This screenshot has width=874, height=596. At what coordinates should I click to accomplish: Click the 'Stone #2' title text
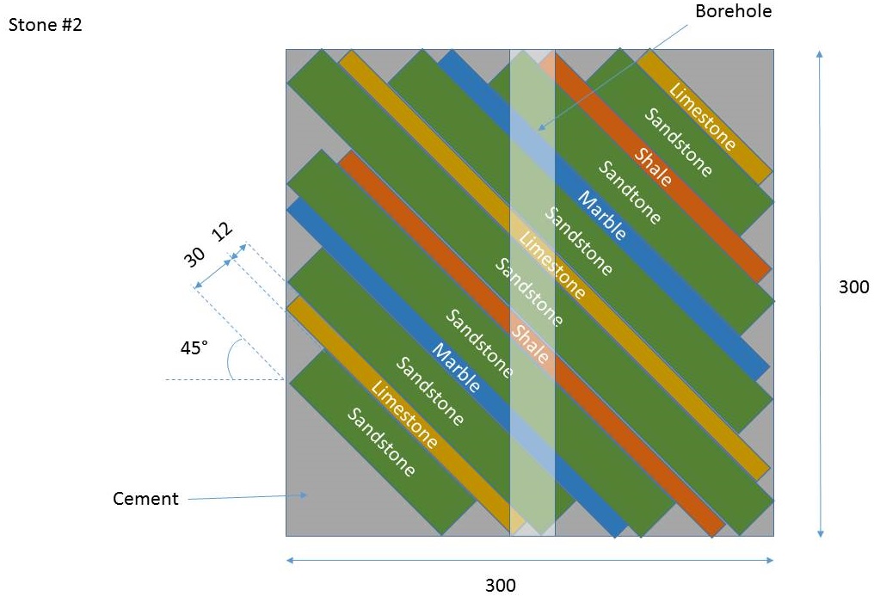click(45, 25)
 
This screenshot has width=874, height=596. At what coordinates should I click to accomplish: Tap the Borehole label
click(733, 11)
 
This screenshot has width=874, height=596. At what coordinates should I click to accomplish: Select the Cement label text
click(145, 499)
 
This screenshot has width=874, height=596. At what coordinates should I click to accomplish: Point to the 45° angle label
click(194, 348)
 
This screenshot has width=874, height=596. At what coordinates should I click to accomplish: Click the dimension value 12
click(224, 230)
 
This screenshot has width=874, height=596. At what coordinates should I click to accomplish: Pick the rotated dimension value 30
click(194, 257)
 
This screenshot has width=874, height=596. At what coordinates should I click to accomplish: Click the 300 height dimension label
click(853, 287)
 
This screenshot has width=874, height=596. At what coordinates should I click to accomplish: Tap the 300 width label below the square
click(501, 585)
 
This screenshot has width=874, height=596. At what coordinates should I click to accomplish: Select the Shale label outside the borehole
click(653, 167)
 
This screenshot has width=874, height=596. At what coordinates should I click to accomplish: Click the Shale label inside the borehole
click(531, 343)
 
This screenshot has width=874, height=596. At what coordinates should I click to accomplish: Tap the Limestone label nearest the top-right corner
click(702, 116)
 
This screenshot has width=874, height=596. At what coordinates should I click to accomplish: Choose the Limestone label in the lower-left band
click(404, 415)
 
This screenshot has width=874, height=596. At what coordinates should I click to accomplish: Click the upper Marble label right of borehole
click(601, 216)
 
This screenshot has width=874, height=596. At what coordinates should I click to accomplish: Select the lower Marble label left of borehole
click(456, 367)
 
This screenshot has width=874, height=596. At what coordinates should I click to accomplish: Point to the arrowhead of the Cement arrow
click(304, 495)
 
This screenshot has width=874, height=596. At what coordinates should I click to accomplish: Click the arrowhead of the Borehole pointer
click(541, 127)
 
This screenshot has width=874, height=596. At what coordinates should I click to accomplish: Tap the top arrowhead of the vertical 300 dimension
click(819, 54)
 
